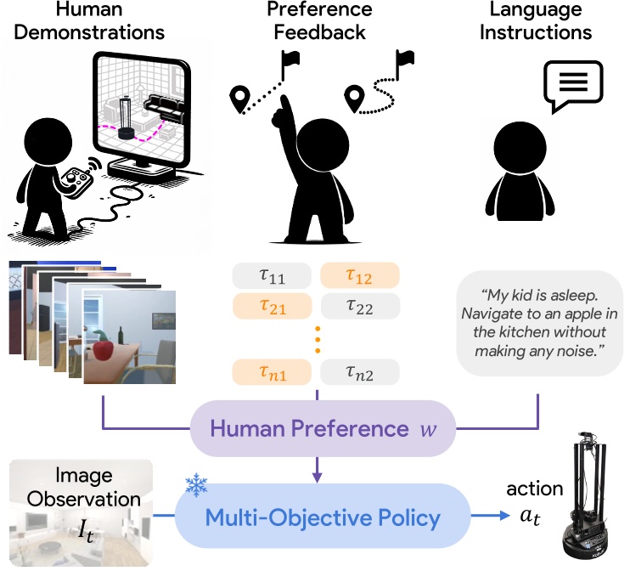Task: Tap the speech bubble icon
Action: (x=574, y=85)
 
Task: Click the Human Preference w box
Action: (x=317, y=428)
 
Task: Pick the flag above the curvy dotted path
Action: (x=405, y=59)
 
